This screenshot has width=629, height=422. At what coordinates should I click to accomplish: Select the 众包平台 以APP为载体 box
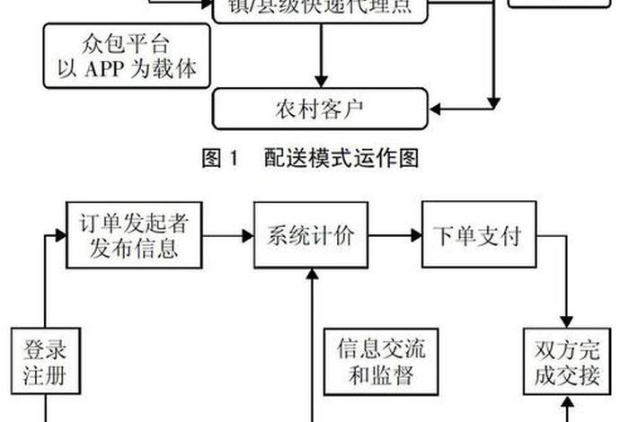[127, 55]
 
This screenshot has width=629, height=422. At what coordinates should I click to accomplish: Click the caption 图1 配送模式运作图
[310, 159]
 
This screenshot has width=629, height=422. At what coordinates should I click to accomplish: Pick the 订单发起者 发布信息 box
[133, 235]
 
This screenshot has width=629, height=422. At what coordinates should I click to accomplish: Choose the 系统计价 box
[311, 236]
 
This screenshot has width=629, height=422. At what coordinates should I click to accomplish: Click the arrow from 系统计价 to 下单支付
[394, 236]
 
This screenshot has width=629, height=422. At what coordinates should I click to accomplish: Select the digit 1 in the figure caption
[236, 160]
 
